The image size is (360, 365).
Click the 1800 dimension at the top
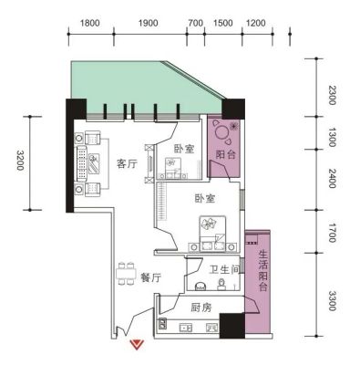(x=90, y=23)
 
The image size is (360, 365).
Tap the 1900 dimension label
(x=149, y=23)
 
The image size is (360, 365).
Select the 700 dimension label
(x=195, y=23)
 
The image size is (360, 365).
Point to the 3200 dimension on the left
(x=20, y=160)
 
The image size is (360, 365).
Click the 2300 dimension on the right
(x=333, y=95)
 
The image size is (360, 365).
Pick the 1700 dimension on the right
(x=333, y=233)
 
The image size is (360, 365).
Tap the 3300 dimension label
(x=333, y=301)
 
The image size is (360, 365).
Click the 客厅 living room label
(x=128, y=164)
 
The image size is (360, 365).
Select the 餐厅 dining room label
(x=150, y=277)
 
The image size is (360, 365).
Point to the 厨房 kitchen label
(x=201, y=308)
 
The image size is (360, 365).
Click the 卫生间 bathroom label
(x=224, y=269)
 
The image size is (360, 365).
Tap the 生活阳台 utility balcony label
(x=263, y=271)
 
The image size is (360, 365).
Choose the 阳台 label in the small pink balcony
(x=225, y=154)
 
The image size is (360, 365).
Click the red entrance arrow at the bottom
(x=137, y=344)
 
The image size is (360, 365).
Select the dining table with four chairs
(x=126, y=273)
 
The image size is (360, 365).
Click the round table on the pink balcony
(x=221, y=131)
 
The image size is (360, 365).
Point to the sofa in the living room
(x=81, y=162)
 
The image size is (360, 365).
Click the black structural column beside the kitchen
(x=232, y=326)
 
